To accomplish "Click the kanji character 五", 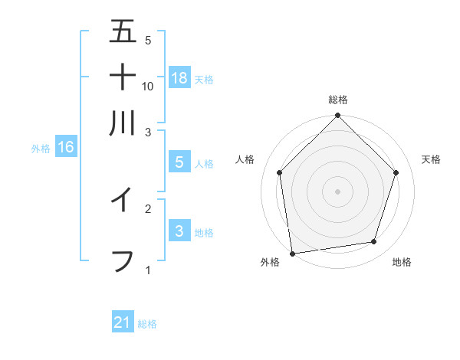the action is pyautogui.click(x=123, y=31).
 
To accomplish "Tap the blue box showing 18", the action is pyautogui.click(x=179, y=77).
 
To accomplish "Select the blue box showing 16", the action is pyautogui.click(x=66, y=147).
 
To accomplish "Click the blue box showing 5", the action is pyautogui.click(x=179, y=162).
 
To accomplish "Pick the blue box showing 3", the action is pyautogui.click(x=179, y=231).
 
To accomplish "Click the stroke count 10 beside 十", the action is pyautogui.click(x=148, y=86).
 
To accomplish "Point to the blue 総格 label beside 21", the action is pyautogui.click(x=147, y=324).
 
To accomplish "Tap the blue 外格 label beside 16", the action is pyautogui.click(x=41, y=149).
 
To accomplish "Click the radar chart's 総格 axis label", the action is pyautogui.click(x=337, y=100).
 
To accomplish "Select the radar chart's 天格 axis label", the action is pyautogui.click(x=431, y=159).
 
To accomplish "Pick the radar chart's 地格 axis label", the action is pyautogui.click(x=402, y=263).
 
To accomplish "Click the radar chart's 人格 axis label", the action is pyautogui.click(x=245, y=159).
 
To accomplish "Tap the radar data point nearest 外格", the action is pyautogui.click(x=292, y=253).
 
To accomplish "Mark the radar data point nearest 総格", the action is pyautogui.click(x=337, y=116).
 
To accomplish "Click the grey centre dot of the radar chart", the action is pyautogui.click(x=337, y=191).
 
